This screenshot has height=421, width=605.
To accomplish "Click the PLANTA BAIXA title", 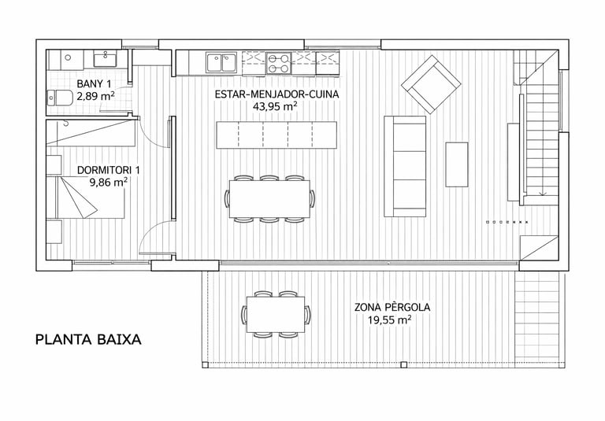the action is [x=88, y=340].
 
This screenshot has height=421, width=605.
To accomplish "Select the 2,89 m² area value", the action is [x=95, y=96].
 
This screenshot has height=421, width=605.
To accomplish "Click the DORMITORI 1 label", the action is [x=109, y=170].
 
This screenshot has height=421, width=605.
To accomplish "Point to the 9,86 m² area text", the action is [x=109, y=182].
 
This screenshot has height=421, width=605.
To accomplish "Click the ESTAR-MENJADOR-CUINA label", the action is [x=277, y=94].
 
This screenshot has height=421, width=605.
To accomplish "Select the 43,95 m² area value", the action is [x=275, y=106].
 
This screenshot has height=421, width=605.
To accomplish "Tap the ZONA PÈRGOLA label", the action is [x=392, y=307].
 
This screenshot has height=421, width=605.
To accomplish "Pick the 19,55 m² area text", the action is [x=389, y=320].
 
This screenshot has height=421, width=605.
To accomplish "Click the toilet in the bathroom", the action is [x=60, y=98].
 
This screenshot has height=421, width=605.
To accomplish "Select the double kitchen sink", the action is [x=221, y=63].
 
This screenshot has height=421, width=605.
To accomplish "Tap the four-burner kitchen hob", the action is [x=279, y=63].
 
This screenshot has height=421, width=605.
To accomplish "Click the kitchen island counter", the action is [x=277, y=135].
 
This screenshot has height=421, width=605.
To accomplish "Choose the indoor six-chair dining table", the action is [x=269, y=199].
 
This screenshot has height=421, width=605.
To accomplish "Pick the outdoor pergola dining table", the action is [x=276, y=315].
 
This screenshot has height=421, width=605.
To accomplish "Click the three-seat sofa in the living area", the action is [x=405, y=166].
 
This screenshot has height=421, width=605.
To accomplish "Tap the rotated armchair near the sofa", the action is [x=431, y=84].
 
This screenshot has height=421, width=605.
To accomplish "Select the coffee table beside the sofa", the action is [x=457, y=164].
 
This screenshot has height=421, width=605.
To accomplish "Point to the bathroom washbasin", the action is [x=105, y=60].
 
